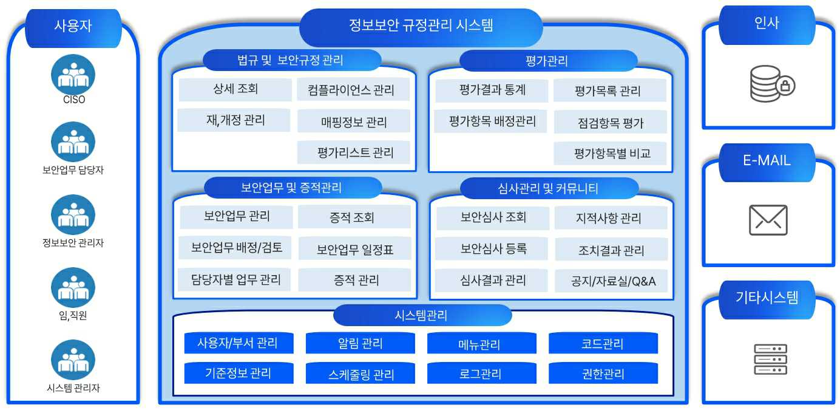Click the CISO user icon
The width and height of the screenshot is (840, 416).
click(73, 75)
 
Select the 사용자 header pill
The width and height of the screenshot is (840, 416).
click(73, 26)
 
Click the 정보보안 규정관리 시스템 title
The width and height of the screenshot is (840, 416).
click(421, 26)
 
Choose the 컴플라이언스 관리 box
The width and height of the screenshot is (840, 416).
click(353, 90)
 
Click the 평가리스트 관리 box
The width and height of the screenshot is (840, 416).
click(353, 152)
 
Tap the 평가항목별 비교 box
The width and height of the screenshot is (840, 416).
click(610, 154)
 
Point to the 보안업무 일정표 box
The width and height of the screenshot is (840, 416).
click(354, 249)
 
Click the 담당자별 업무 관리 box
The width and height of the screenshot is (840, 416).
click(235, 280)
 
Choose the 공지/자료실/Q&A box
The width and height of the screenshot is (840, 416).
click(611, 281)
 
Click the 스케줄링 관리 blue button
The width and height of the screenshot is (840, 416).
click(360, 373)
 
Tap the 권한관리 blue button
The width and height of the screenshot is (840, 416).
click(603, 373)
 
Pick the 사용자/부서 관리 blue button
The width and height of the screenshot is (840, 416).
click(239, 343)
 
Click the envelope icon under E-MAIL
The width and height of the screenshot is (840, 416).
click(768, 220)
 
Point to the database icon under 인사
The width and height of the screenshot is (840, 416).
click(771, 83)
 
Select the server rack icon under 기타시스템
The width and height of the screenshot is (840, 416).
click(770, 359)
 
